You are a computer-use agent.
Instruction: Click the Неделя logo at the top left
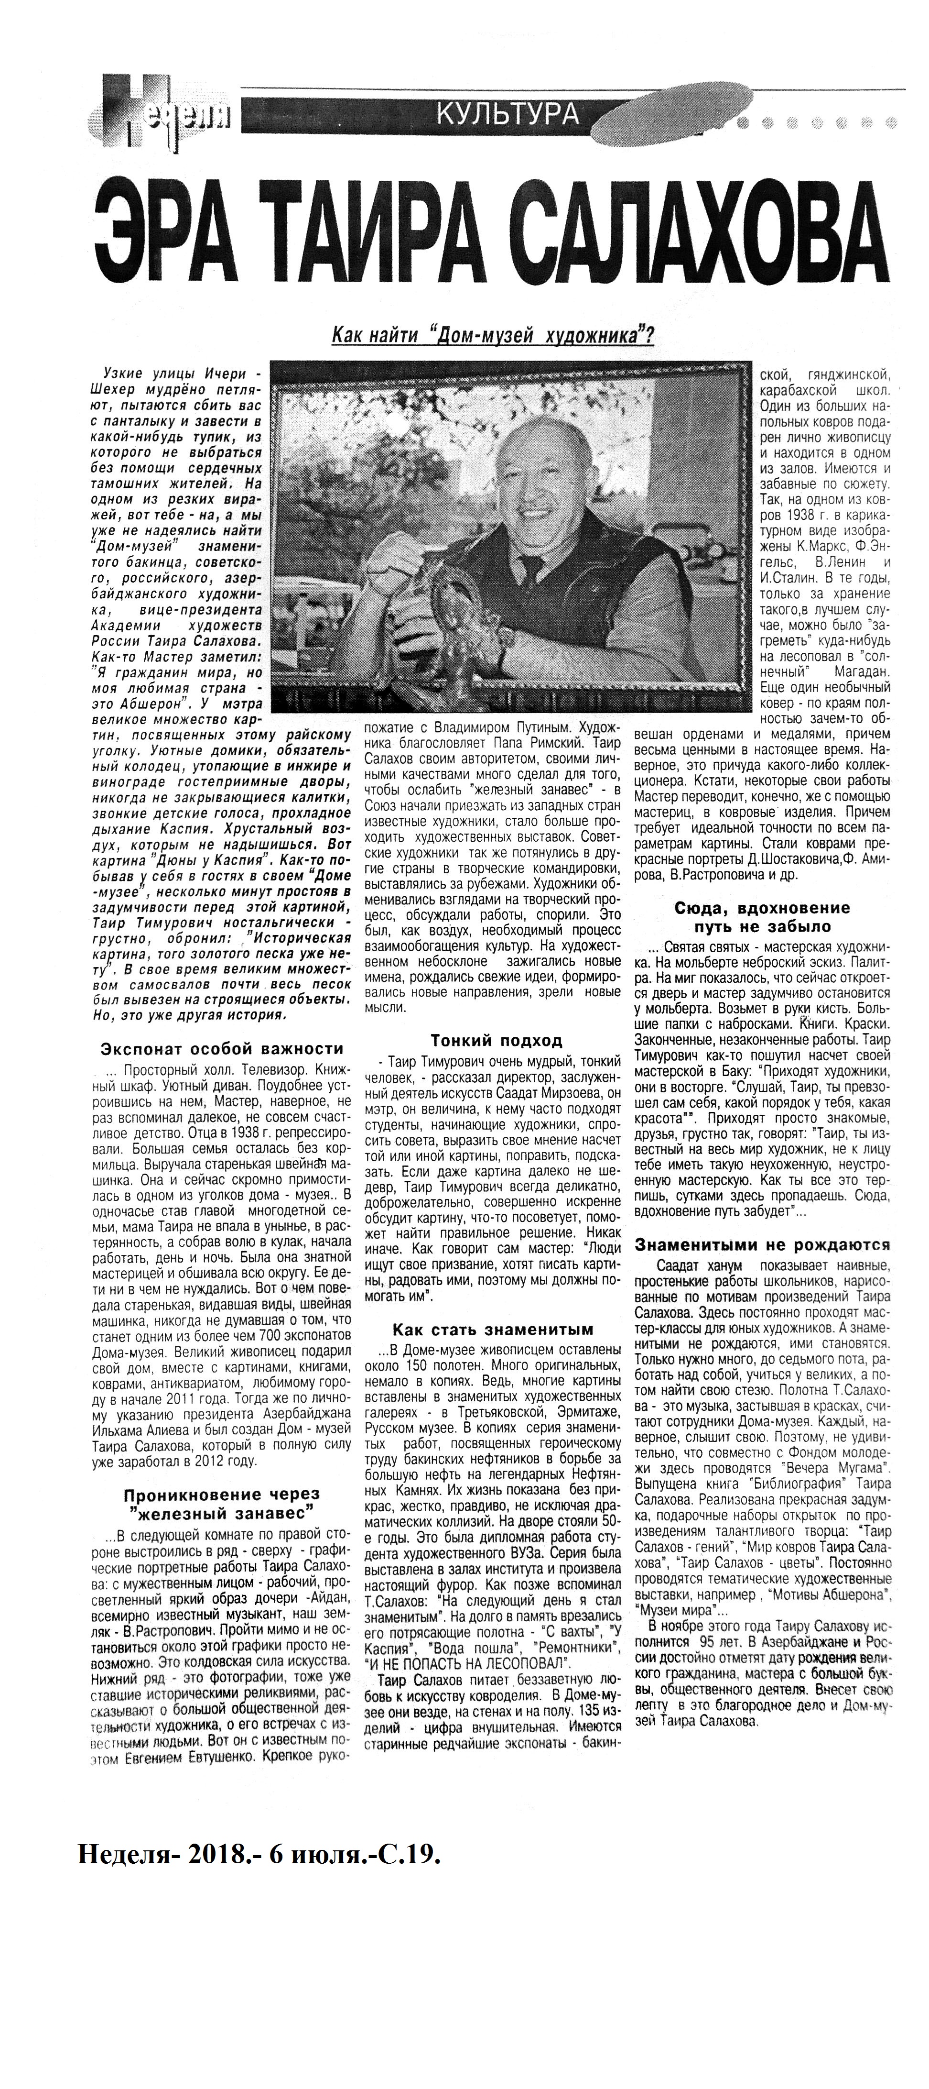[162, 113]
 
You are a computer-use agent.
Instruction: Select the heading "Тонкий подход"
[496, 1040]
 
